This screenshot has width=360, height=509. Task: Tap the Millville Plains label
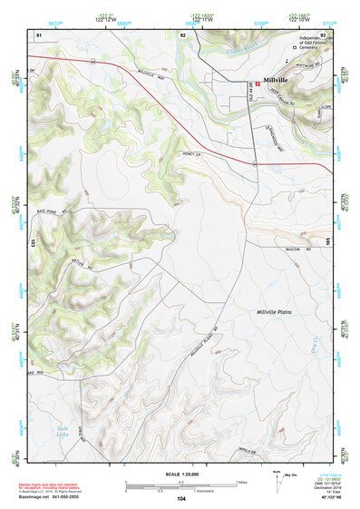tap(277, 312)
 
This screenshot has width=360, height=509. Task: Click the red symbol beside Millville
tap(258, 83)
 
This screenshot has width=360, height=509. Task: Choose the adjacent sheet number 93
tap(322, 34)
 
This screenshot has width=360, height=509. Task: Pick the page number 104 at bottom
tap(180, 499)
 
